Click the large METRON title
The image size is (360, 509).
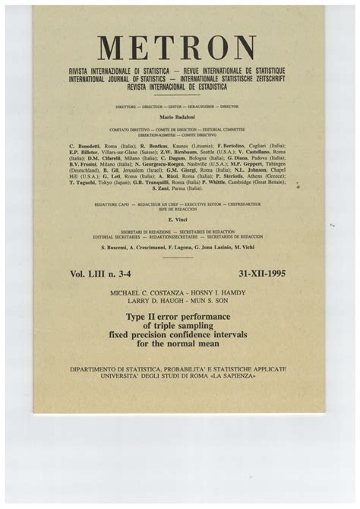point(176,49)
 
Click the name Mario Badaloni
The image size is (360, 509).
point(176,118)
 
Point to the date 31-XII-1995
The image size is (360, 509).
point(261,273)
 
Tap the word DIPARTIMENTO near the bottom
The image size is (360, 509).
point(96,368)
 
